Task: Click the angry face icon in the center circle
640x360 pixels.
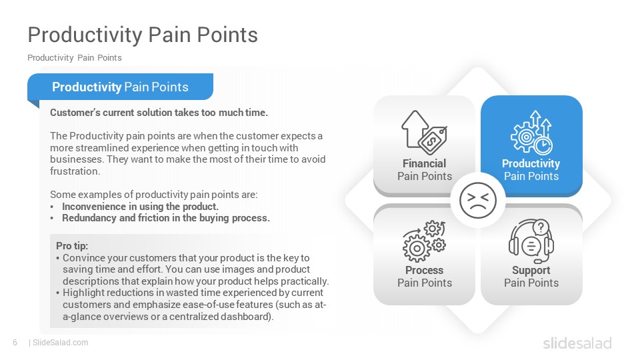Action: [477, 201]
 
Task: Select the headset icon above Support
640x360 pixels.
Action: [531, 241]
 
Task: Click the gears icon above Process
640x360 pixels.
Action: [425, 241]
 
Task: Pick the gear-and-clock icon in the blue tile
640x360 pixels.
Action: [531, 133]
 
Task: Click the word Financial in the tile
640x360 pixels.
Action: [425, 164]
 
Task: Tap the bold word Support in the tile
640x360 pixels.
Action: [531, 271]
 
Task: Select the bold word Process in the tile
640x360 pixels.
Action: [425, 270]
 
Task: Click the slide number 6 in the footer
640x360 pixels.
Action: [15, 343]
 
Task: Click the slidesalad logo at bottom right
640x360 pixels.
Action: [577, 343]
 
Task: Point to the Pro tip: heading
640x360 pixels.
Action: [72, 246]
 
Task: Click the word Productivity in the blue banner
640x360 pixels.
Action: [87, 87]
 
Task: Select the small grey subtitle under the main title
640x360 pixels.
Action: [75, 57]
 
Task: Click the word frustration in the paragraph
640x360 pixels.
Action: [75, 171]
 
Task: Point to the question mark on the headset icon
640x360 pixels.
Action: [541, 227]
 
